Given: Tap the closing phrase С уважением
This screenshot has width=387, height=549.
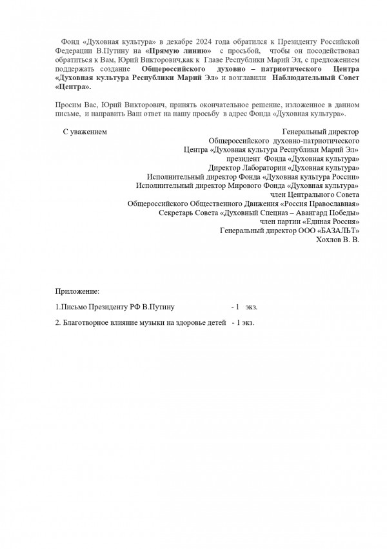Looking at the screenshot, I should (x=84, y=132).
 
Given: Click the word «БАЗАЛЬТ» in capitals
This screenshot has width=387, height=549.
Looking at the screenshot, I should (x=339, y=231).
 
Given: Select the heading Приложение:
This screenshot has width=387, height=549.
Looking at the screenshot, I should (x=77, y=293).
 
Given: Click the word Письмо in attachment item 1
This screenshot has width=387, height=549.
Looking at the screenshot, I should (x=73, y=308).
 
